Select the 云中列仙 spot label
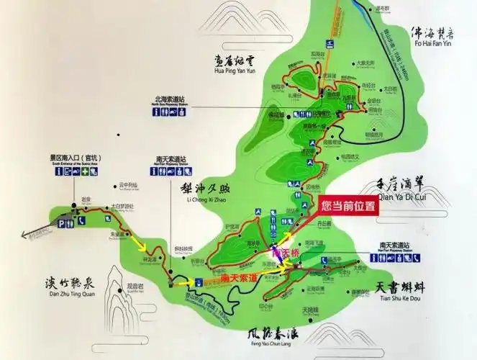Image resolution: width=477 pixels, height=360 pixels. pos(129,185)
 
